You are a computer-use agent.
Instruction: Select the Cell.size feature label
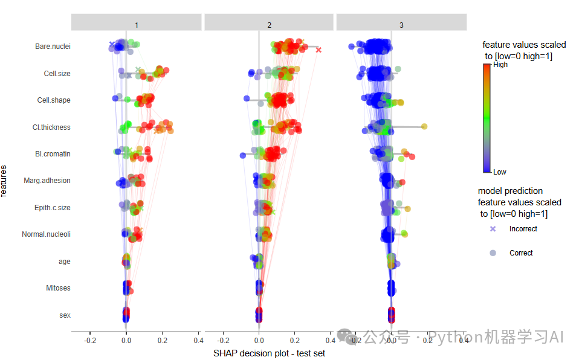click(x=57, y=74)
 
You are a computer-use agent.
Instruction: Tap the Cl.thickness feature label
click(x=51, y=127)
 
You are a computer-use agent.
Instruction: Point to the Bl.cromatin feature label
click(x=53, y=154)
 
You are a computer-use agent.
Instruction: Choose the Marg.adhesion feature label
click(x=47, y=181)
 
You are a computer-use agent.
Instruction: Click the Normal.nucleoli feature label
click(x=46, y=234)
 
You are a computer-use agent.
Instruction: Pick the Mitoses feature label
click(x=58, y=288)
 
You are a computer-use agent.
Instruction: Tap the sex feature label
click(x=65, y=315)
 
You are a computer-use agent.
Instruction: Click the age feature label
click(x=64, y=262)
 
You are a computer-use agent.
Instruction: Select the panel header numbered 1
click(x=136, y=25)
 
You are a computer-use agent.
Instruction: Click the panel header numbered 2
click(x=269, y=25)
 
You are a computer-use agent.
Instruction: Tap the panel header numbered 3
click(x=401, y=25)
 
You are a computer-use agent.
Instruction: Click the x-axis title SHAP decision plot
click(x=269, y=353)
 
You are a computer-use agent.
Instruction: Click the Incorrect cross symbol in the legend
click(x=493, y=229)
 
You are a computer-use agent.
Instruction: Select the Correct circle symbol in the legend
click(x=493, y=253)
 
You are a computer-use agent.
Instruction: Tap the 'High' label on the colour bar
click(x=500, y=65)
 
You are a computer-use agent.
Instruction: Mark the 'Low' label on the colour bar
click(x=500, y=172)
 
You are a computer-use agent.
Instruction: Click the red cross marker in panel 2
click(x=318, y=50)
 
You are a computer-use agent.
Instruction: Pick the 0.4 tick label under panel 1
click(x=198, y=341)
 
